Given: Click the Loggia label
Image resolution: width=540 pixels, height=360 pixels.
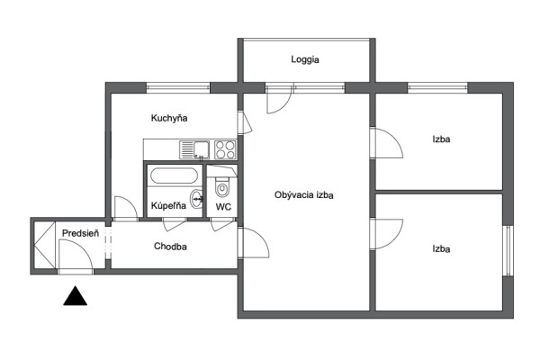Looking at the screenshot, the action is point(305,59).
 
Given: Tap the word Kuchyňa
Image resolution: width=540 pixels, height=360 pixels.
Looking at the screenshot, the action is point(169,119).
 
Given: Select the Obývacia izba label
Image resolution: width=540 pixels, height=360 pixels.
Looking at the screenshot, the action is point(304,195).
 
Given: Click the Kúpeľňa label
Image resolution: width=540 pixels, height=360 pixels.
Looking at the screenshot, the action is point(168,206).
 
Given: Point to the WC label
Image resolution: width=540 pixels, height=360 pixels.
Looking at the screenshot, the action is point(223,207).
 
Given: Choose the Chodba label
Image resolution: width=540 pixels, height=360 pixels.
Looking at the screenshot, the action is point(170,247).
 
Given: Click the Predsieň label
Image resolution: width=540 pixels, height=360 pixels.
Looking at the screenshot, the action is point(80,233).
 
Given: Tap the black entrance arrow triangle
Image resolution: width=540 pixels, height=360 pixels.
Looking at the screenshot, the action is point(75,296).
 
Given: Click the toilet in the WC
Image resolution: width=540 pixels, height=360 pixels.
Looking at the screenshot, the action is point(222,186).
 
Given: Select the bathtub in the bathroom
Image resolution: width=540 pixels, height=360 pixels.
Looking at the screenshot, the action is point(175,175).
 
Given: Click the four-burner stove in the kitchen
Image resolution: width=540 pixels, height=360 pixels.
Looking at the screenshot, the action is point(225,150).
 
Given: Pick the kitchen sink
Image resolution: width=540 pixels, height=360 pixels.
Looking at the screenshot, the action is point(194,150).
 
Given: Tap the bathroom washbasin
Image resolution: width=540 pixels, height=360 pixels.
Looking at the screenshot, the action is point(197,199).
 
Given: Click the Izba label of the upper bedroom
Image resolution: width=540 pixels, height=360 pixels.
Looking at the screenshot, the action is point(441,139).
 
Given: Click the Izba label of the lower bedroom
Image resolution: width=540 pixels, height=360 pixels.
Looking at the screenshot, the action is point(441,248).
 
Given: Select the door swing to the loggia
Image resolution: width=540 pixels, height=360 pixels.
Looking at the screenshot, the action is point(279,99).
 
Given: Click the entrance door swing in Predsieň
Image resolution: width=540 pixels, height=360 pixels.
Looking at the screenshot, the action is point(76,255).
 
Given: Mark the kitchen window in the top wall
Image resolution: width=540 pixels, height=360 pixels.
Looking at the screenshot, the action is point(178,87).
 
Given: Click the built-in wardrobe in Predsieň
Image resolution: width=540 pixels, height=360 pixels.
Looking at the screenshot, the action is point(45,245).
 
